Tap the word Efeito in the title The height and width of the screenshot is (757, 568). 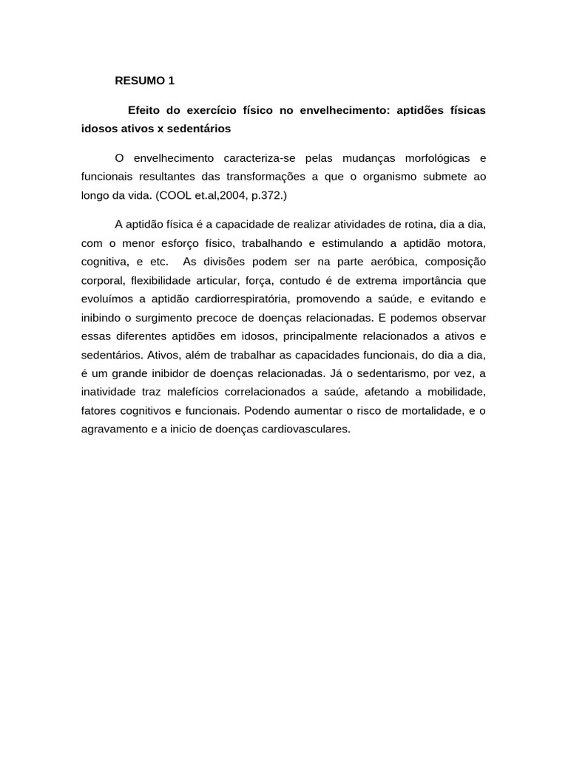(x=145, y=110)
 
